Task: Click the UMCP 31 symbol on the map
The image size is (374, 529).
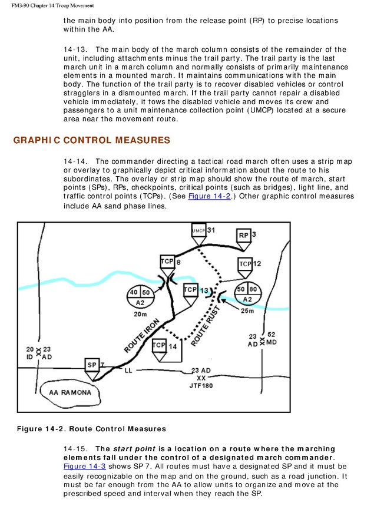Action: pos(198,230)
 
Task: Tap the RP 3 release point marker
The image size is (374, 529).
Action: pos(244,235)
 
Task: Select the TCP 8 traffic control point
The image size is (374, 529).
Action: pos(167,262)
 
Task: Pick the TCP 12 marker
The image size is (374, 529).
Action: pos(246,263)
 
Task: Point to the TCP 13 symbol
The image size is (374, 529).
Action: pos(190,290)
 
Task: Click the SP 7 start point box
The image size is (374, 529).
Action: pos(92,365)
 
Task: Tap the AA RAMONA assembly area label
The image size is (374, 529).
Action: pos(70,393)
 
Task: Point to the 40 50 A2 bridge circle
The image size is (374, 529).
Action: pos(140,297)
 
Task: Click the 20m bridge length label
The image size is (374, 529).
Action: pos(140,315)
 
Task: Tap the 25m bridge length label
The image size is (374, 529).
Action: pos(248,311)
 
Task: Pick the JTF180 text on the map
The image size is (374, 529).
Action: pos(201,386)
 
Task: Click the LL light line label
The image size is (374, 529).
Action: pos(129,370)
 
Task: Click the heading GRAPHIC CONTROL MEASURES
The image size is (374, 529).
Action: pos(91,141)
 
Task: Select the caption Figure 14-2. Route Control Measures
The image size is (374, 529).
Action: pos(91,429)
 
